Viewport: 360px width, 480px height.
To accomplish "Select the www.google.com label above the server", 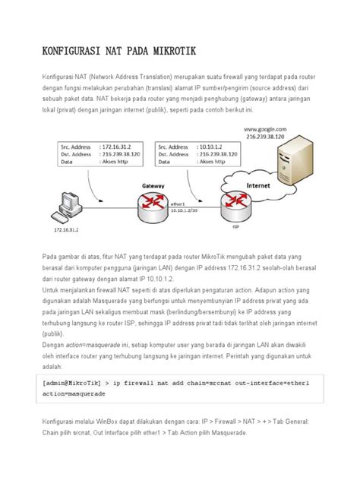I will click(x=265, y=131).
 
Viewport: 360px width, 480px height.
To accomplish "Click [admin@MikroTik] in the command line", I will click(x=73, y=383).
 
